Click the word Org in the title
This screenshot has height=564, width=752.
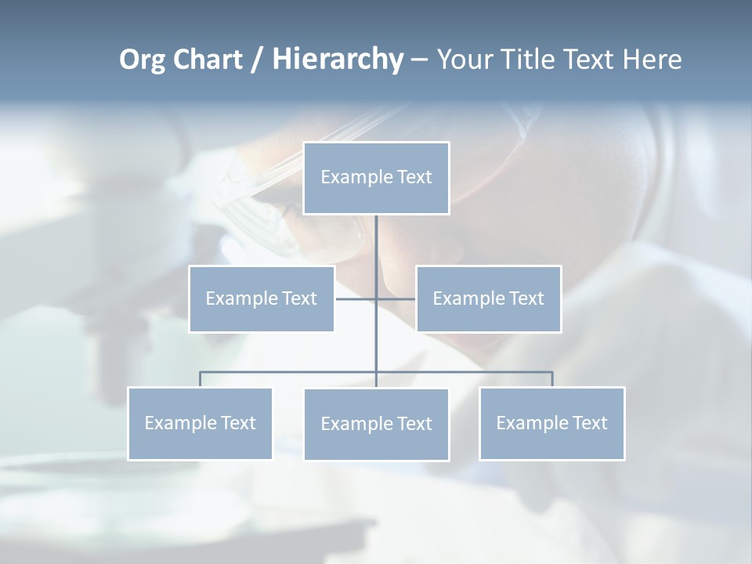click(x=142, y=60)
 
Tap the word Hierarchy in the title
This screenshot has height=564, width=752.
click(x=337, y=60)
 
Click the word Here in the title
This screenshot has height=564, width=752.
click(x=652, y=60)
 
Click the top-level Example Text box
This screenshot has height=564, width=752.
click(x=376, y=178)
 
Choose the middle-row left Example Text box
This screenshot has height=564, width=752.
click(x=262, y=298)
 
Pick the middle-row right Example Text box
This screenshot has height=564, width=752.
click(x=488, y=298)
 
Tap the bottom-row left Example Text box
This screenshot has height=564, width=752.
click(x=200, y=423)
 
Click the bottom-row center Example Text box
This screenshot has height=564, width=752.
click(x=376, y=424)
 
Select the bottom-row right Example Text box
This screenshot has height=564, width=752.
click(x=552, y=423)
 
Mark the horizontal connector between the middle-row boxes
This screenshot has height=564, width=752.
click(x=356, y=298)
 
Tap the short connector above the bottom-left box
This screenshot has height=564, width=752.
click(x=200, y=379)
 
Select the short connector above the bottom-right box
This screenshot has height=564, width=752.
click(x=552, y=379)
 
